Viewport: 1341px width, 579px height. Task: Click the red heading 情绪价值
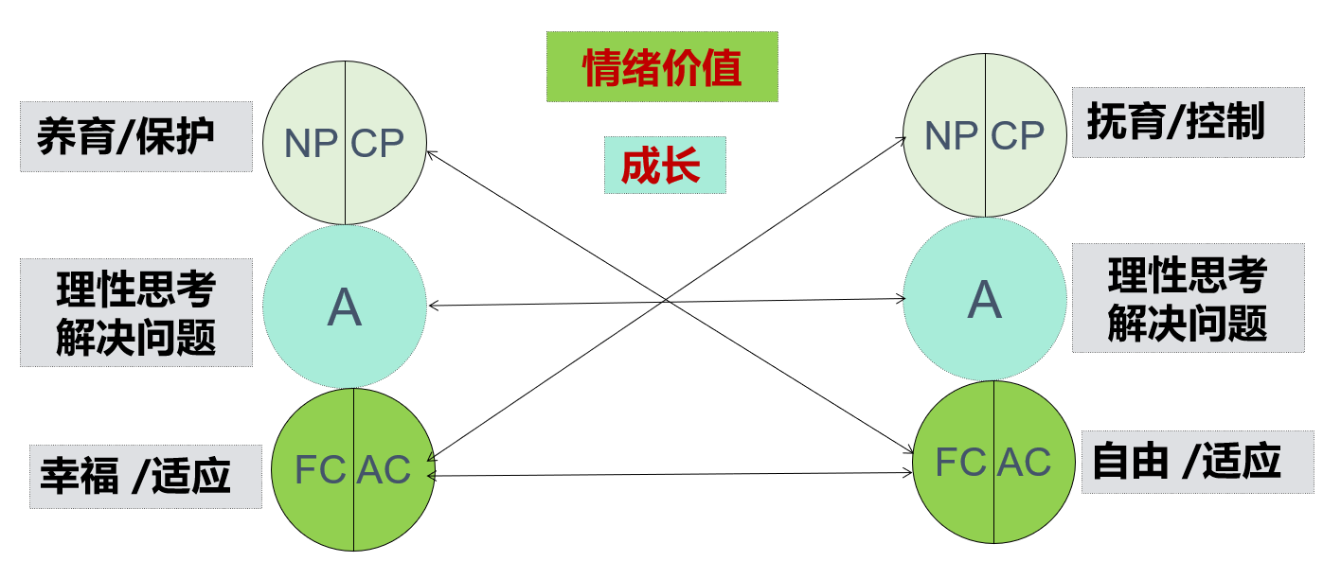[x=661, y=66]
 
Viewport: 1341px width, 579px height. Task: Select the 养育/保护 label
[x=135, y=136]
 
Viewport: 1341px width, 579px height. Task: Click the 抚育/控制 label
[x=1188, y=123]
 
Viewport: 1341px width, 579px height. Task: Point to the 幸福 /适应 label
[x=145, y=476]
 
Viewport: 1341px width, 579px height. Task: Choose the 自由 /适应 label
[x=1197, y=462]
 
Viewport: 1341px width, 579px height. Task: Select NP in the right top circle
[x=951, y=136]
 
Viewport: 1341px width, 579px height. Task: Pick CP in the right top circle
[x=1017, y=136]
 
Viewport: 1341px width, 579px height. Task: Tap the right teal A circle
[x=985, y=300]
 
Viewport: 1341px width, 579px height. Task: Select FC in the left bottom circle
[x=320, y=469]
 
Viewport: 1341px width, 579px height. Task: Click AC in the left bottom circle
[x=384, y=469]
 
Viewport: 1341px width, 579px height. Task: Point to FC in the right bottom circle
[x=960, y=462]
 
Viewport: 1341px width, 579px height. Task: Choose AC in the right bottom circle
[x=1025, y=462]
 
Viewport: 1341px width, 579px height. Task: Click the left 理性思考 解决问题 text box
[x=135, y=312]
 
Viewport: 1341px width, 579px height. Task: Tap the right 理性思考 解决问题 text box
[x=1188, y=298]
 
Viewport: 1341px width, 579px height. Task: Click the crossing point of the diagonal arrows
[x=669, y=301]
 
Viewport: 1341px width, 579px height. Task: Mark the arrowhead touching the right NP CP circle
[x=903, y=138]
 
